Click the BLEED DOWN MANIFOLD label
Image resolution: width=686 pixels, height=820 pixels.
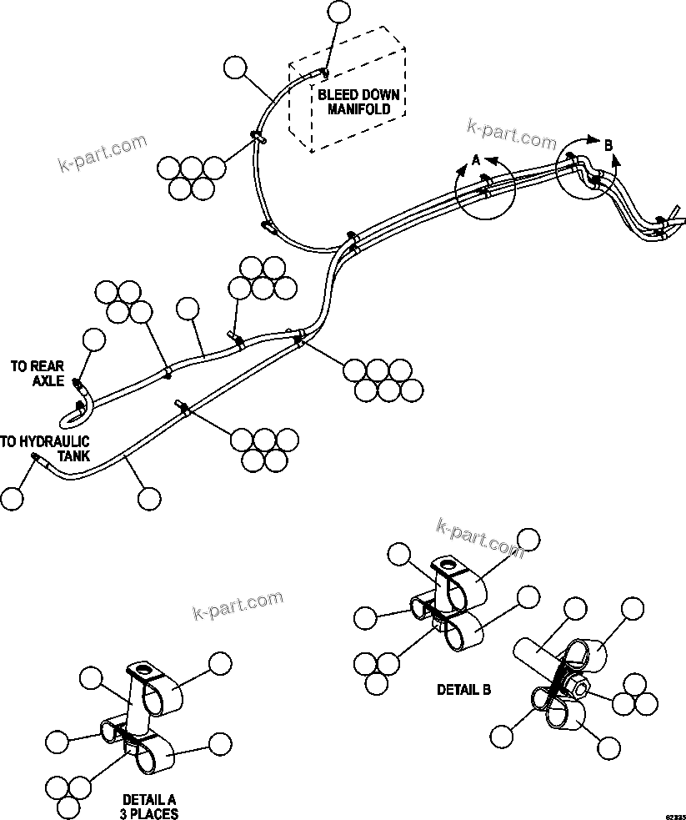pos(358,101)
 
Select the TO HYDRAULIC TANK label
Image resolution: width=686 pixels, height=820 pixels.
pos(45,448)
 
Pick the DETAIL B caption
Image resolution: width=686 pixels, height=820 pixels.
pos(463,690)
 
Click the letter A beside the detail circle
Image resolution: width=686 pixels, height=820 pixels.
pos(476,158)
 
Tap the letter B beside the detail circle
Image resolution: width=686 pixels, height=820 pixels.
pos(608,145)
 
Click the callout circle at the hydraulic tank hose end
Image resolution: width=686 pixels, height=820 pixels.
pos(12,498)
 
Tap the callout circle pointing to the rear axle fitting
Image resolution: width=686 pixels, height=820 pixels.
pos(94,340)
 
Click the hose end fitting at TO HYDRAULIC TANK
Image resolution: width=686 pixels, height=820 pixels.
pos(36,457)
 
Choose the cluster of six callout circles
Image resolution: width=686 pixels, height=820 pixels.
pos(378,380)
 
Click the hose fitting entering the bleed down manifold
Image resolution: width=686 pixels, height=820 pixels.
pos(324,74)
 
